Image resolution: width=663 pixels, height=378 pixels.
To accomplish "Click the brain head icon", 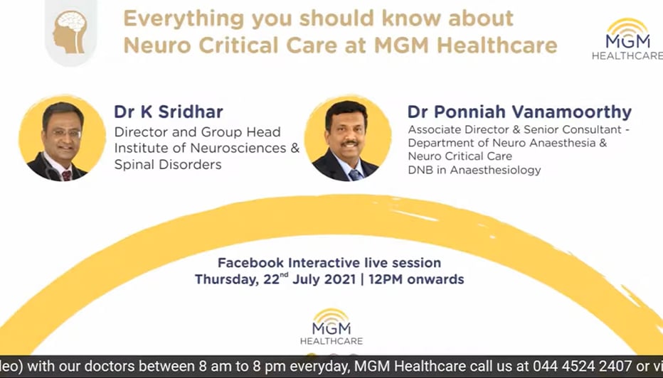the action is [70, 32].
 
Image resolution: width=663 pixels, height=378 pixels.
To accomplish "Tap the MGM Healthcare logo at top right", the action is [627, 39].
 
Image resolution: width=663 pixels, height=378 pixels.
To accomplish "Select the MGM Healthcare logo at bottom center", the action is [331, 326].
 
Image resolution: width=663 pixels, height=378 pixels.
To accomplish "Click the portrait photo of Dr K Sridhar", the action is [62, 138].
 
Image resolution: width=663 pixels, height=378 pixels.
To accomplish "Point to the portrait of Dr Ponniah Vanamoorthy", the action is [348, 138].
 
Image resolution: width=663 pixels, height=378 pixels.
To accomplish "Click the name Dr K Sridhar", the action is [169, 112].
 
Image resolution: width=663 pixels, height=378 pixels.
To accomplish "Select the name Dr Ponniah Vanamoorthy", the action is [519, 112].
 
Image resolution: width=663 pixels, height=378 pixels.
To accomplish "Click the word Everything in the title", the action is [184, 19].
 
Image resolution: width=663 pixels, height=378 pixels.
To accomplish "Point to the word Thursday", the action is [227, 280].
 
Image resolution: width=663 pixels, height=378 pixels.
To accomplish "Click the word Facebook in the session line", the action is [250, 263].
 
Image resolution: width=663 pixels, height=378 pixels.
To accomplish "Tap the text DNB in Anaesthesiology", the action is [474, 170].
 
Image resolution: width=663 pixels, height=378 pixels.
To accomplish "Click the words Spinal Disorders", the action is [168, 164].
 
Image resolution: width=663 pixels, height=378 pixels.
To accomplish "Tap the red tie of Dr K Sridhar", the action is [67, 175].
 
